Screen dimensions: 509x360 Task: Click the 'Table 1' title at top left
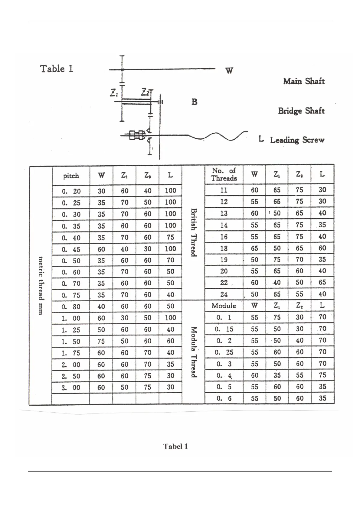tap(57, 69)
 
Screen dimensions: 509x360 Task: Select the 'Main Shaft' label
tap(304, 81)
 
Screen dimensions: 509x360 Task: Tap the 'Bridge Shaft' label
tap(301, 111)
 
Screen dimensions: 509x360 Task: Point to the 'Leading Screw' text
tap(297, 140)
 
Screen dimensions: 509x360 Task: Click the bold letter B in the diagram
tap(195, 102)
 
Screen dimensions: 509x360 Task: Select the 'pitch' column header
tap(71, 176)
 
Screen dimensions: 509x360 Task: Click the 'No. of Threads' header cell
tap(224, 174)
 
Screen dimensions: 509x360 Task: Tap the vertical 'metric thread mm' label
tap(41, 285)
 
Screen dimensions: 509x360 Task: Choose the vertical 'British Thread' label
tap(194, 232)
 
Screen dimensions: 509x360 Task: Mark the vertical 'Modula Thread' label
tap(194, 352)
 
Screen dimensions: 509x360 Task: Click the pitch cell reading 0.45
tap(71, 249)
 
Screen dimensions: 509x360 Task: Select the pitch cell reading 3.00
tap(71, 388)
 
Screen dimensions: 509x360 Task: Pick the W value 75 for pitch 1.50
tap(101, 341)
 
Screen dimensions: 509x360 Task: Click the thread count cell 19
tap(224, 260)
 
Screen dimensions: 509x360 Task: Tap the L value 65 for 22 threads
tap(322, 282)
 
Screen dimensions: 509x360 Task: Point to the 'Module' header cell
tap(224, 306)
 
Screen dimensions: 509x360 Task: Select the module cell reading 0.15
tap(224, 329)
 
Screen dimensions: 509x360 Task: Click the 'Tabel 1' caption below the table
tap(175, 446)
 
